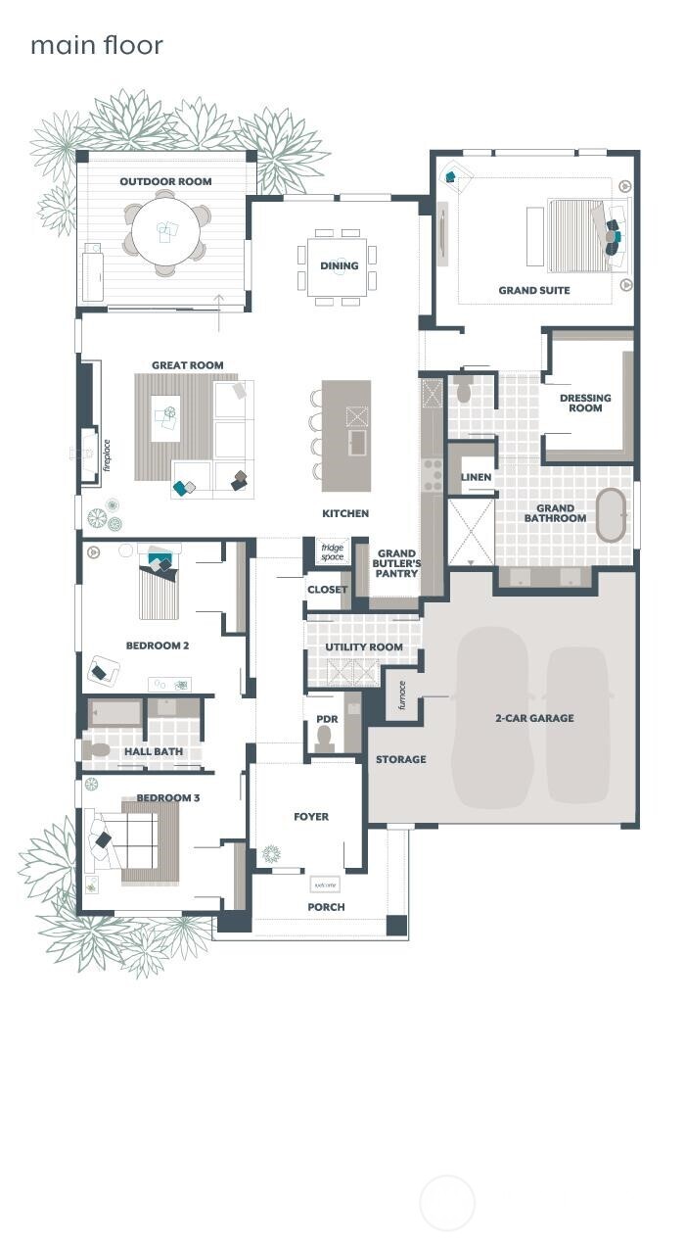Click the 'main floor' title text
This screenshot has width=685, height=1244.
(x=96, y=45)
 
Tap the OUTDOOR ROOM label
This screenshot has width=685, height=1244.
(x=165, y=181)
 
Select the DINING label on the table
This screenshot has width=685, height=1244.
(x=339, y=265)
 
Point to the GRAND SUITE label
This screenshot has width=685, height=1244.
(x=533, y=290)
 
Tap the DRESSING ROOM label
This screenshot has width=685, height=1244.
(x=585, y=403)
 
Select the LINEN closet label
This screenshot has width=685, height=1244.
(x=476, y=477)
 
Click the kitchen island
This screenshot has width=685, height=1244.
(x=346, y=435)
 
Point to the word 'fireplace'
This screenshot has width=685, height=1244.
(x=107, y=455)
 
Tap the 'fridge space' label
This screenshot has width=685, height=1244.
(x=333, y=550)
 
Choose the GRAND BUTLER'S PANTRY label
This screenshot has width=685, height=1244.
(x=396, y=563)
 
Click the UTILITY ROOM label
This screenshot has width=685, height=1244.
(x=364, y=647)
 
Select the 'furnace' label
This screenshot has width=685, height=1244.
(x=401, y=695)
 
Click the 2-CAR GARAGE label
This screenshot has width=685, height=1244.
(x=534, y=718)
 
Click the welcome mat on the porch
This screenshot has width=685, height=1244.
(x=325, y=884)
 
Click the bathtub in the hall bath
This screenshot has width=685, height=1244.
(x=114, y=712)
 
